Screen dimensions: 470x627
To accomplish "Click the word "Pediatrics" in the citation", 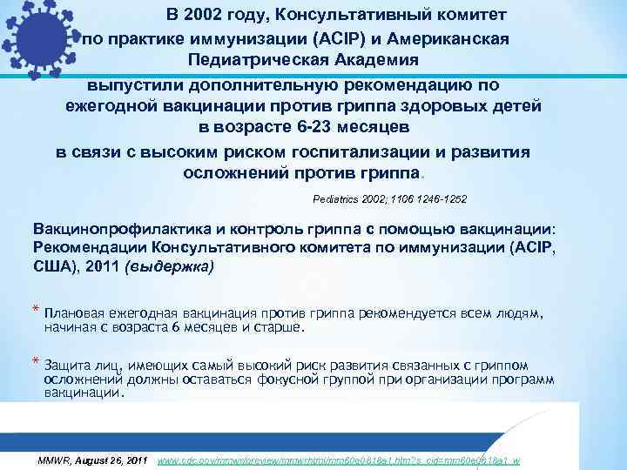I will click(x=335, y=199).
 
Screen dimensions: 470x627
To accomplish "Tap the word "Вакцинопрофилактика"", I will click(x=118, y=228).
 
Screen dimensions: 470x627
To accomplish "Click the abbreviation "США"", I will click(x=54, y=268).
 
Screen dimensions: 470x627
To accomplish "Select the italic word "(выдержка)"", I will click(x=167, y=268).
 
